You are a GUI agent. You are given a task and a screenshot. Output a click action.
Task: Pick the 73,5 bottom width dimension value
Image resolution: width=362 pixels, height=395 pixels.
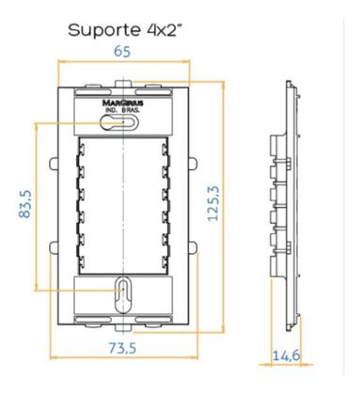click(x=122, y=348)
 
